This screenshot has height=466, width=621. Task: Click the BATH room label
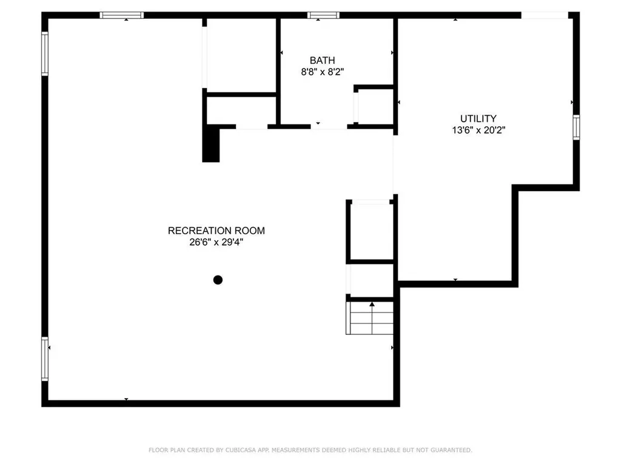click(x=322, y=60)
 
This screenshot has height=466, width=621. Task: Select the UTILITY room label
click(x=478, y=118)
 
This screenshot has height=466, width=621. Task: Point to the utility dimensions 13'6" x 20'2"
click(x=478, y=129)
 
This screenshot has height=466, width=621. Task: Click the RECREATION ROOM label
click(x=216, y=231)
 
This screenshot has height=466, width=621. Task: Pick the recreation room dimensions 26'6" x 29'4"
click(x=216, y=242)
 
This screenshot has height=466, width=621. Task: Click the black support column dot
click(x=218, y=280)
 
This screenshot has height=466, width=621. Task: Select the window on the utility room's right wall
click(x=576, y=127)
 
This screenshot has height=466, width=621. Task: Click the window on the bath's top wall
click(x=323, y=15)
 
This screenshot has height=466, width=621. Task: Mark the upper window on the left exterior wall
click(x=45, y=54)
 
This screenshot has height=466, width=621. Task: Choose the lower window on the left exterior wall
click(x=45, y=359)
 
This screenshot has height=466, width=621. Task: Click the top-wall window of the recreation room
click(x=122, y=15)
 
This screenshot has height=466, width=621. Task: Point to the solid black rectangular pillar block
click(x=211, y=143)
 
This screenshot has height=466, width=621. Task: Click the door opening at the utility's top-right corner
click(x=545, y=15)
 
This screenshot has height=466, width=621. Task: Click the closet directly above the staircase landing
click(x=371, y=231)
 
